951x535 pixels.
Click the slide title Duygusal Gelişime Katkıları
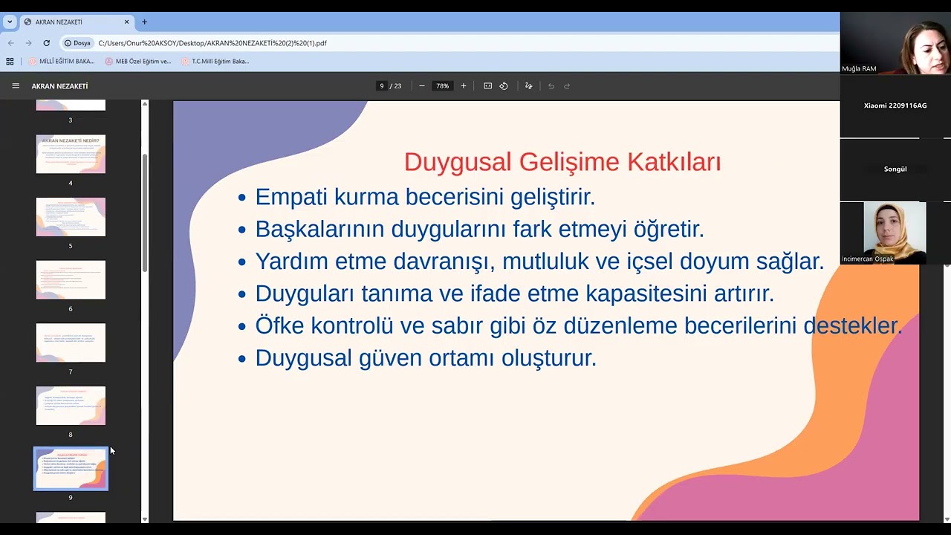pyautogui.click(x=562, y=162)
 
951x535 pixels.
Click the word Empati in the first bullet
pyautogui.click(x=291, y=197)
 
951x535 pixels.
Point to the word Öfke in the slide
pyautogui.click(x=279, y=325)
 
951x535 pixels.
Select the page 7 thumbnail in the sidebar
pyautogui.click(x=71, y=343)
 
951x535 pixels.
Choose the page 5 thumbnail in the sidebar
pyautogui.click(x=71, y=217)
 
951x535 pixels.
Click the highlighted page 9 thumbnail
pyautogui.click(x=71, y=468)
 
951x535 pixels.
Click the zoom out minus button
pyautogui.click(x=422, y=86)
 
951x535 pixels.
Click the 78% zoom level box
pyautogui.click(x=443, y=86)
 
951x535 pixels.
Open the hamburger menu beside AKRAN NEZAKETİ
pyautogui.click(x=16, y=86)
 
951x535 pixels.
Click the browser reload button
pyautogui.click(x=46, y=43)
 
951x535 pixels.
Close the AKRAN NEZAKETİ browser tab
pyautogui.click(x=126, y=22)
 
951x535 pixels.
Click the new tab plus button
pyautogui.click(x=144, y=22)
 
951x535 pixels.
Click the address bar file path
pyautogui.click(x=212, y=43)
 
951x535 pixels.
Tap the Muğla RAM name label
pyautogui.click(x=859, y=68)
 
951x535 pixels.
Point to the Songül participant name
pyautogui.click(x=895, y=169)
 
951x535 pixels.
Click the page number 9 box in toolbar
pyautogui.click(x=382, y=86)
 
